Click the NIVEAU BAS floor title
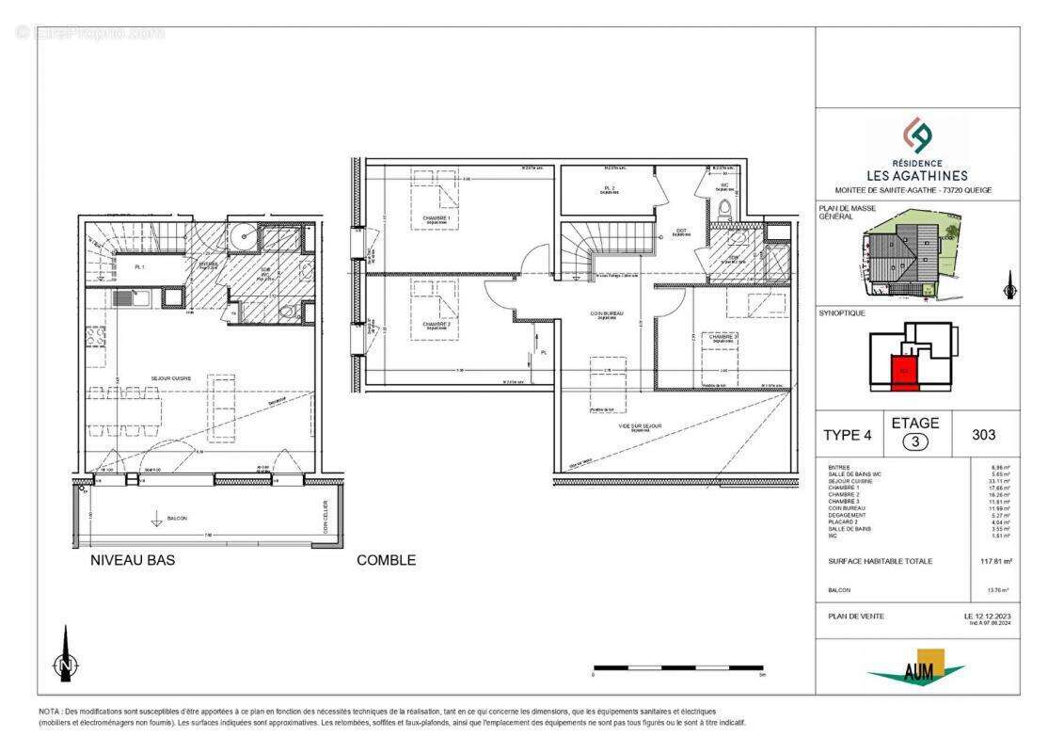(x=132, y=560)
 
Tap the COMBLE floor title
(x=386, y=560)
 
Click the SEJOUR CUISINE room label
(x=171, y=377)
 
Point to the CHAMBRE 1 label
(x=436, y=219)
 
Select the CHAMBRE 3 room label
(x=723, y=336)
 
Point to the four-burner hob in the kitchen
(x=96, y=339)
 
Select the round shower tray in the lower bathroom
(x=242, y=232)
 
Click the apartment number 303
(x=981, y=434)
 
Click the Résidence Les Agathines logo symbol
(x=917, y=136)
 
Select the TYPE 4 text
(x=850, y=435)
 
